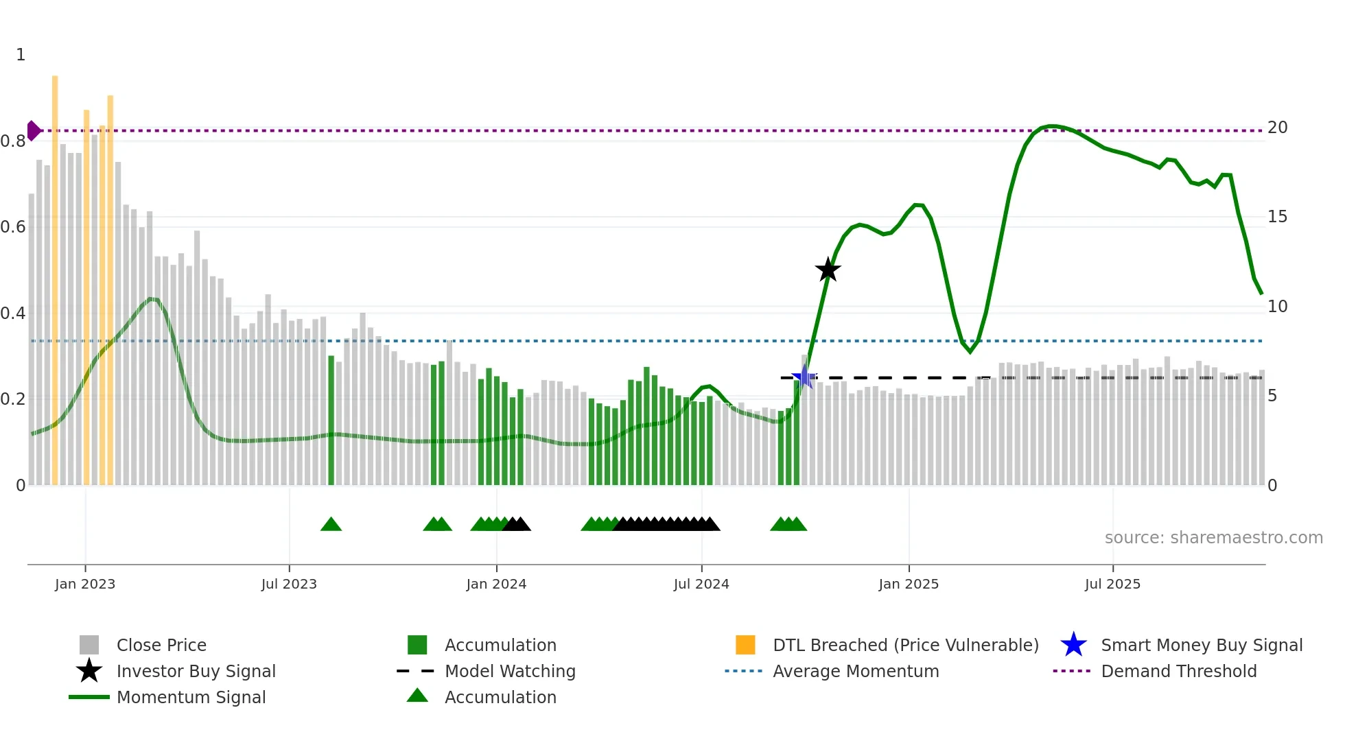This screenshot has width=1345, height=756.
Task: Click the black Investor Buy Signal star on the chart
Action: pos(828,270)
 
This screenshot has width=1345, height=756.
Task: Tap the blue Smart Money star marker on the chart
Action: pos(804,377)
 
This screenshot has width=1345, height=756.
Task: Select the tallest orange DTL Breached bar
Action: pos(55,274)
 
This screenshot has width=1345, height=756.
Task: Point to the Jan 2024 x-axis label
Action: pos(496,584)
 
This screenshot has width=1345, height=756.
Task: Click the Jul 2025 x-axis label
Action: pos(1112,584)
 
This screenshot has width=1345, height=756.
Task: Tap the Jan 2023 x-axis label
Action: pos(85,584)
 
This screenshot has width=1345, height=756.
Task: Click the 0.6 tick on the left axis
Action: pos(13,227)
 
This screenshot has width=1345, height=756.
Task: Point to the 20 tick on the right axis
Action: pos(1277,128)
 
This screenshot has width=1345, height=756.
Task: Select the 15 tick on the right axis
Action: pos(1277,217)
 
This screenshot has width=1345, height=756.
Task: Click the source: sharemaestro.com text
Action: pos(1213,538)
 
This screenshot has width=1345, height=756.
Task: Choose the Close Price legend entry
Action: pos(161,645)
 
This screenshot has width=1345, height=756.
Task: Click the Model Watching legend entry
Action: pos(510,671)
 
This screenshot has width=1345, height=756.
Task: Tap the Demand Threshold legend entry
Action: pos(1178,671)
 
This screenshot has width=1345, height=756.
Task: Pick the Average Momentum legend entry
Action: pos(856,671)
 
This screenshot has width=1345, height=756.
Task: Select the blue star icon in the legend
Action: pos(1073,645)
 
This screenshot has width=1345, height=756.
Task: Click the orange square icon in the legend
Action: pos(745,645)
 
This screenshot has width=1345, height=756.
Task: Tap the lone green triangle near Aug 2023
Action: pos(331,525)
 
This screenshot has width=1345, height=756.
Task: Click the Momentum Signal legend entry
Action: pos(191,697)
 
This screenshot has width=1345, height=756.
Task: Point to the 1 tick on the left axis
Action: pos(21,55)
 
